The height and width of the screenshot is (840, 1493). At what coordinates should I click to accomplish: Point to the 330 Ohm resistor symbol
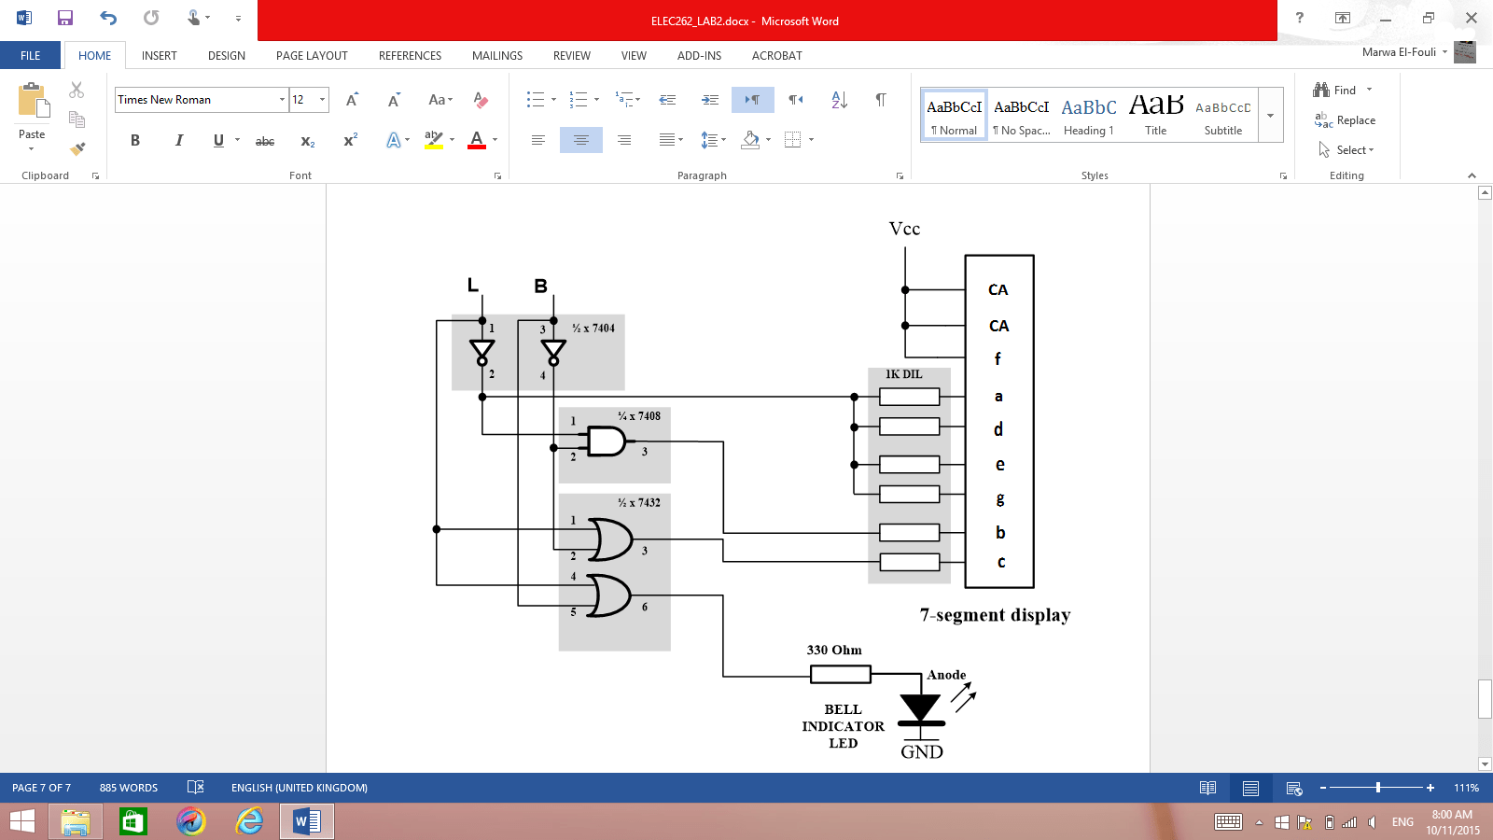pos(841,674)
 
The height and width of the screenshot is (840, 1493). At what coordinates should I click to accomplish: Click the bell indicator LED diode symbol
pos(921,710)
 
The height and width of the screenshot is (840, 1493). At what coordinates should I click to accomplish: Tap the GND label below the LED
pos(922,752)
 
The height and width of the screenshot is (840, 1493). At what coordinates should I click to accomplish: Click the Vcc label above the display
pos(904,229)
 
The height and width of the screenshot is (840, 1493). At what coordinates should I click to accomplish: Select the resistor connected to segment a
pos(909,397)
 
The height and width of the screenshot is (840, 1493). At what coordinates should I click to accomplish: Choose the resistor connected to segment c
pos(909,562)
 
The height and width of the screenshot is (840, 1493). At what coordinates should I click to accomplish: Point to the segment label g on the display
pos(1000,498)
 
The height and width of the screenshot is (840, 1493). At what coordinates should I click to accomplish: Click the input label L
pos(473,285)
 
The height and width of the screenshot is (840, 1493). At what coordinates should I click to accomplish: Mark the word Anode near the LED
pos(946,675)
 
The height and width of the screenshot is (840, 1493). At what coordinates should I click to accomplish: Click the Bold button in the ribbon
pos(135,140)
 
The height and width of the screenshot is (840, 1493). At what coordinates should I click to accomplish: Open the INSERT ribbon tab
pos(160,56)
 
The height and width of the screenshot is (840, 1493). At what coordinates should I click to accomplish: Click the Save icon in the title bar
pos(65,18)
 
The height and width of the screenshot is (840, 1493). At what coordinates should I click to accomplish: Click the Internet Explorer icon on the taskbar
pos(249,821)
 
